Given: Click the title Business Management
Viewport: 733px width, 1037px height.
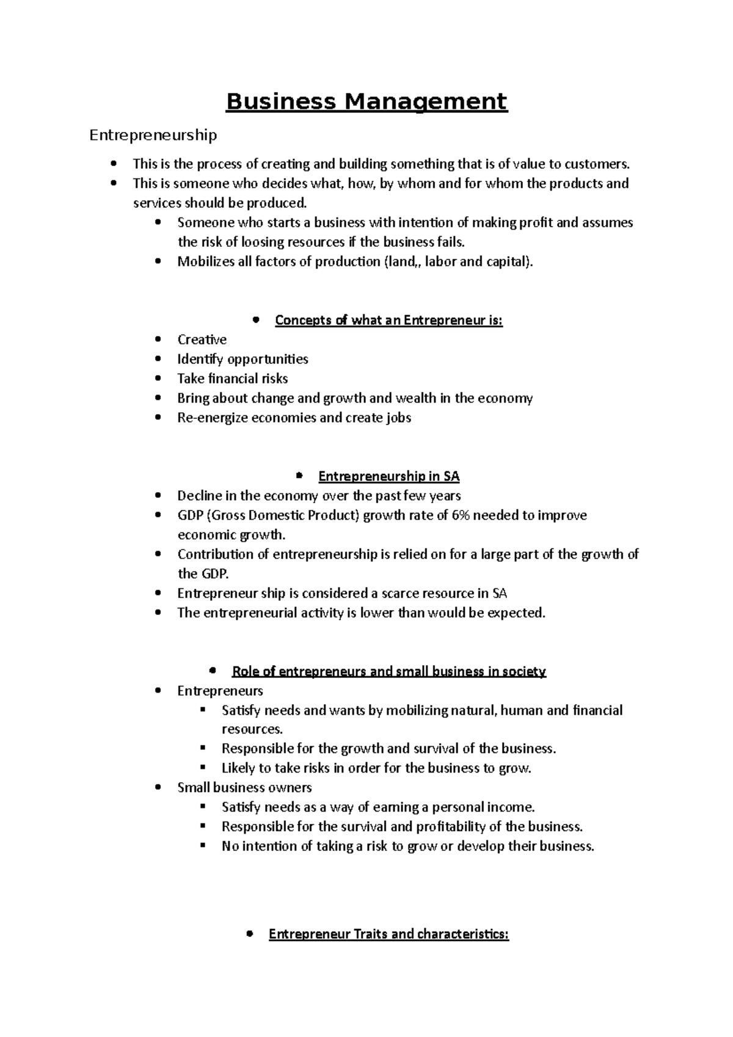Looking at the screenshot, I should [x=366, y=101].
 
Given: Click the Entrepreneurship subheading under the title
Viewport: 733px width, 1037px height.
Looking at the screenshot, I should [x=153, y=135].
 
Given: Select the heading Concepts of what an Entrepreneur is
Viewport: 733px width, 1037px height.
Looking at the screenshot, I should [x=388, y=320].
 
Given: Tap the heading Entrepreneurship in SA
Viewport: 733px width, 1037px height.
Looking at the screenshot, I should [x=388, y=476].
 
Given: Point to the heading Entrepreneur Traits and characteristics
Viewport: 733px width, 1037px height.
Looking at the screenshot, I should [x=388, y=934].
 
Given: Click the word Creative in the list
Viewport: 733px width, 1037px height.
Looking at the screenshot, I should [x=202, y=340].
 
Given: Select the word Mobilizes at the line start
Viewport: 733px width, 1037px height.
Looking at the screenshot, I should [x=206, y=261].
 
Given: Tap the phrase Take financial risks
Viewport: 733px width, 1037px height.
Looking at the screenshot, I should [x=232, y=379].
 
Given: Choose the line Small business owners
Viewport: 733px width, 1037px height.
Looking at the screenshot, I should [x=244, y=788].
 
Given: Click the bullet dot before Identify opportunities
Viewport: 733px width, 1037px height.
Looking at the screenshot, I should [x=159, y=359].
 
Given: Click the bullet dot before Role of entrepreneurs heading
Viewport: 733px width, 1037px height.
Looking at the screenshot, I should [x=213, y=671].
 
